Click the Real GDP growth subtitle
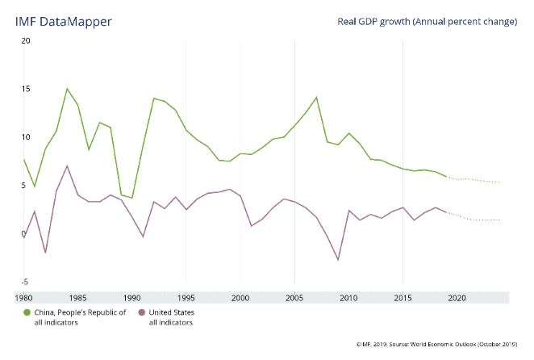coord(427,21)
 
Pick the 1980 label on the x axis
coord(23,298)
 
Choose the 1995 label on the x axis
coord(186,298)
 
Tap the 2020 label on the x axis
coord(457,298)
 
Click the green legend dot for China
coord(28,312)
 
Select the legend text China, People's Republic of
coord(81,312)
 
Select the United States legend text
coord(171,312)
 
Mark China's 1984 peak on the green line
coord(67,89)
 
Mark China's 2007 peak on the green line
coord(317,98)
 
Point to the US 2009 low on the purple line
coord(338,260)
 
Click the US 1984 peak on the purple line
coord(67,166)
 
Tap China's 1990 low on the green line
coord(132,198)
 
